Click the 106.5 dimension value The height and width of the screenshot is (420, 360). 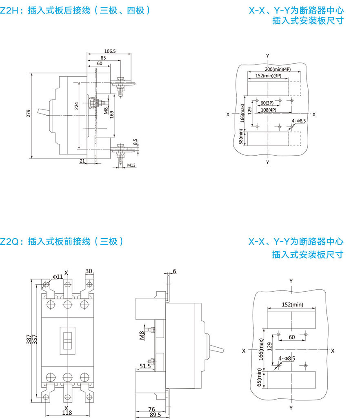[x=110, y=51]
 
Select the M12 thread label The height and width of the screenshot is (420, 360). [x=131, y=165]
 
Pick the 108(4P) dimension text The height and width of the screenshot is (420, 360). [x=268, y=110]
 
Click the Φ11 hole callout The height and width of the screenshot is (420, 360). [x=57, y=277]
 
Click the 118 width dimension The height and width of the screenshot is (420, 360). [x=67, y=413]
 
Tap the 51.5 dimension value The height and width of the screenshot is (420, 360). [x=145, y=366]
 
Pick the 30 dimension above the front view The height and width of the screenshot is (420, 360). [x=89, y=272]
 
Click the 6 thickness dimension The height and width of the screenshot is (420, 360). [x=175, y=272]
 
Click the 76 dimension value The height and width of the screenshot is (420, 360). [x=151, y=409]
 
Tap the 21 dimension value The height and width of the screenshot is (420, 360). [x=82, y=161]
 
